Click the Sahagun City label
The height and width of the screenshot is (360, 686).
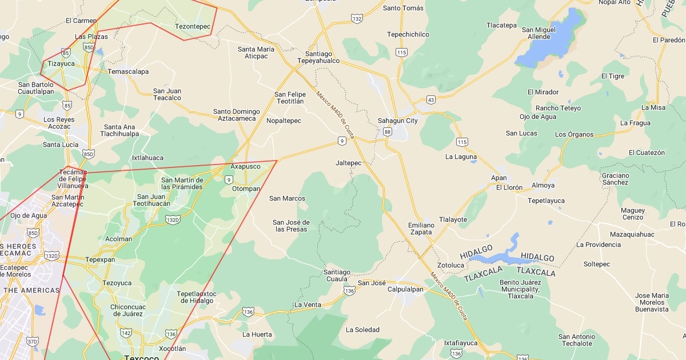pos(397,121)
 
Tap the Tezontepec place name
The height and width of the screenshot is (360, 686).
pos(193,26)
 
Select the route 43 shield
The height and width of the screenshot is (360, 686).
pos(430,100)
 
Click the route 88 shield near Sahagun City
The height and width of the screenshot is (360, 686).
pos(388,132)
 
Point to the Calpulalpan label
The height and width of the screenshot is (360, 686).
pos(405,289)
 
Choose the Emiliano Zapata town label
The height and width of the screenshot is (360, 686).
pos(421,229)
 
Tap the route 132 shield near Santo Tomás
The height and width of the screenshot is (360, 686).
pos(357,19)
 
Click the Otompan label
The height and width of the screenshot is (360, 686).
pos(246,189)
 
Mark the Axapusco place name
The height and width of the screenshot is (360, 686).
pos(245,166)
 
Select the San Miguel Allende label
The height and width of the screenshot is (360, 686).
pos(539,33)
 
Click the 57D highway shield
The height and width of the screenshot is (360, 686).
pos(33,341)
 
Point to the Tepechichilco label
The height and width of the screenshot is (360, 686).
pos(408,34)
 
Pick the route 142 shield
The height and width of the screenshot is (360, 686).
pos(126,333)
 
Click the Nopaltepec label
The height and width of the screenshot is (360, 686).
pos(284,121)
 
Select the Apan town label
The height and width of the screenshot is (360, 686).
pos(498,178)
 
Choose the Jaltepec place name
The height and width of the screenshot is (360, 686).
pos(349,163)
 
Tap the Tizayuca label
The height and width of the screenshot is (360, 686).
pos(61,63)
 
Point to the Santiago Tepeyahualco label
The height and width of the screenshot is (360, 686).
pos(318,57)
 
